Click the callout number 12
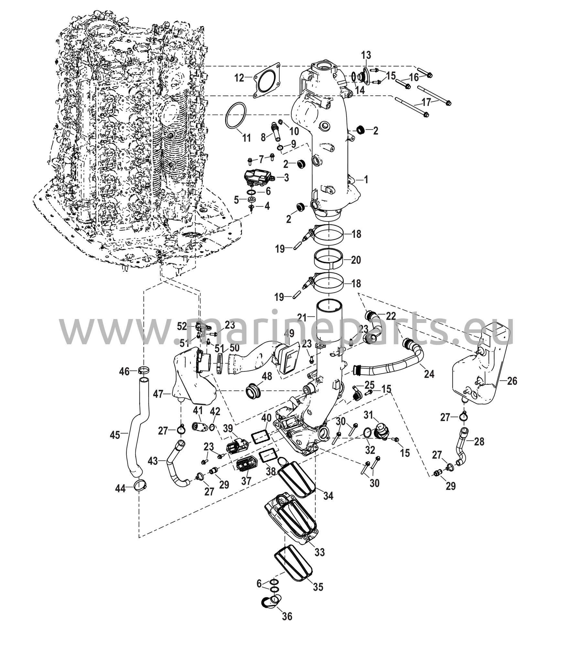(x=240, y=78)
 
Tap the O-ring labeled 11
(x=237, y=116)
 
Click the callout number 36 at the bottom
(x=287, y=616)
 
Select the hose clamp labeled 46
(x=144, y=371)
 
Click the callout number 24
(x=429, y=374)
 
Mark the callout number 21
(x=302, y=318)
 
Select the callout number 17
(x=426, y=102)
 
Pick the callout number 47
(x=158, y=394)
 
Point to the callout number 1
(x=366, y=180)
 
